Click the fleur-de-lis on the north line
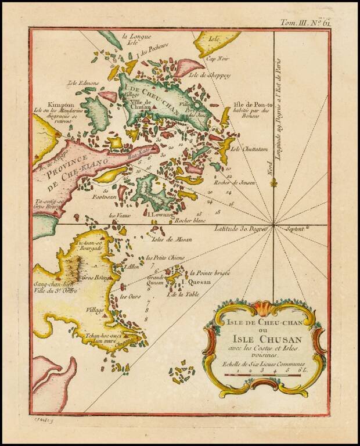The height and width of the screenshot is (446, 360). point(273,184)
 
